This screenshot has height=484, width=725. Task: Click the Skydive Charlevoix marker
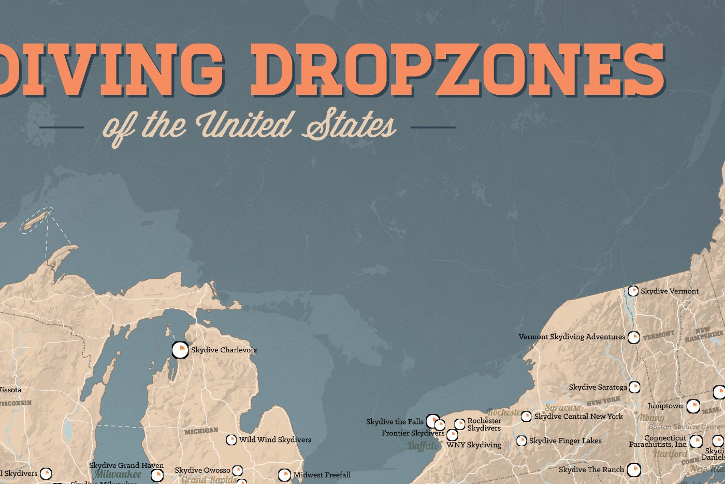[x=180, y=350]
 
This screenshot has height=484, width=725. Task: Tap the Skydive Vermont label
[x=670, y=291]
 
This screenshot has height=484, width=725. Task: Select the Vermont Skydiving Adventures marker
[x=633, y=337]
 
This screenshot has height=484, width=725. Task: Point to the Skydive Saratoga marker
[x=634, y=387]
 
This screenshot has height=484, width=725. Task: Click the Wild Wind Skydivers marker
[x=231, y=440]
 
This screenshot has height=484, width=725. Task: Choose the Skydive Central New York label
[x=578, y=416]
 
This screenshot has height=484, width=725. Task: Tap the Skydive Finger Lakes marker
[x=521, y=441]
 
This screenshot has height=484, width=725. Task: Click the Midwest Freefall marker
[x=284, y=475]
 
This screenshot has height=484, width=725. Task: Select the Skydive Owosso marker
[x=237, y=471]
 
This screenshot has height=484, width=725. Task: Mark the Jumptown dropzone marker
[x=693, y=406]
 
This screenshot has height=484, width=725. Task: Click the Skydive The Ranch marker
[x=634, y=470]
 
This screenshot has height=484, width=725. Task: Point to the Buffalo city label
[x=424, y=446]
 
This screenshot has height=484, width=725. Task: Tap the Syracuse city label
[x=563, y=408]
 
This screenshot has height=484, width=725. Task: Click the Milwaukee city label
[x=118, y=474]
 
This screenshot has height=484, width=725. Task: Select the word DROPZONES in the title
[x=458, y=70]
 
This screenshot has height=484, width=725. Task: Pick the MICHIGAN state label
[x=201, y=431]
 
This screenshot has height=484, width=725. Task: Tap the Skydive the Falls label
[x=395, y=422]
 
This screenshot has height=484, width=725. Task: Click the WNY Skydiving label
[x=474, y=445]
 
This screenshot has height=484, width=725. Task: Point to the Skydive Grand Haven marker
[x=157, y=475]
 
